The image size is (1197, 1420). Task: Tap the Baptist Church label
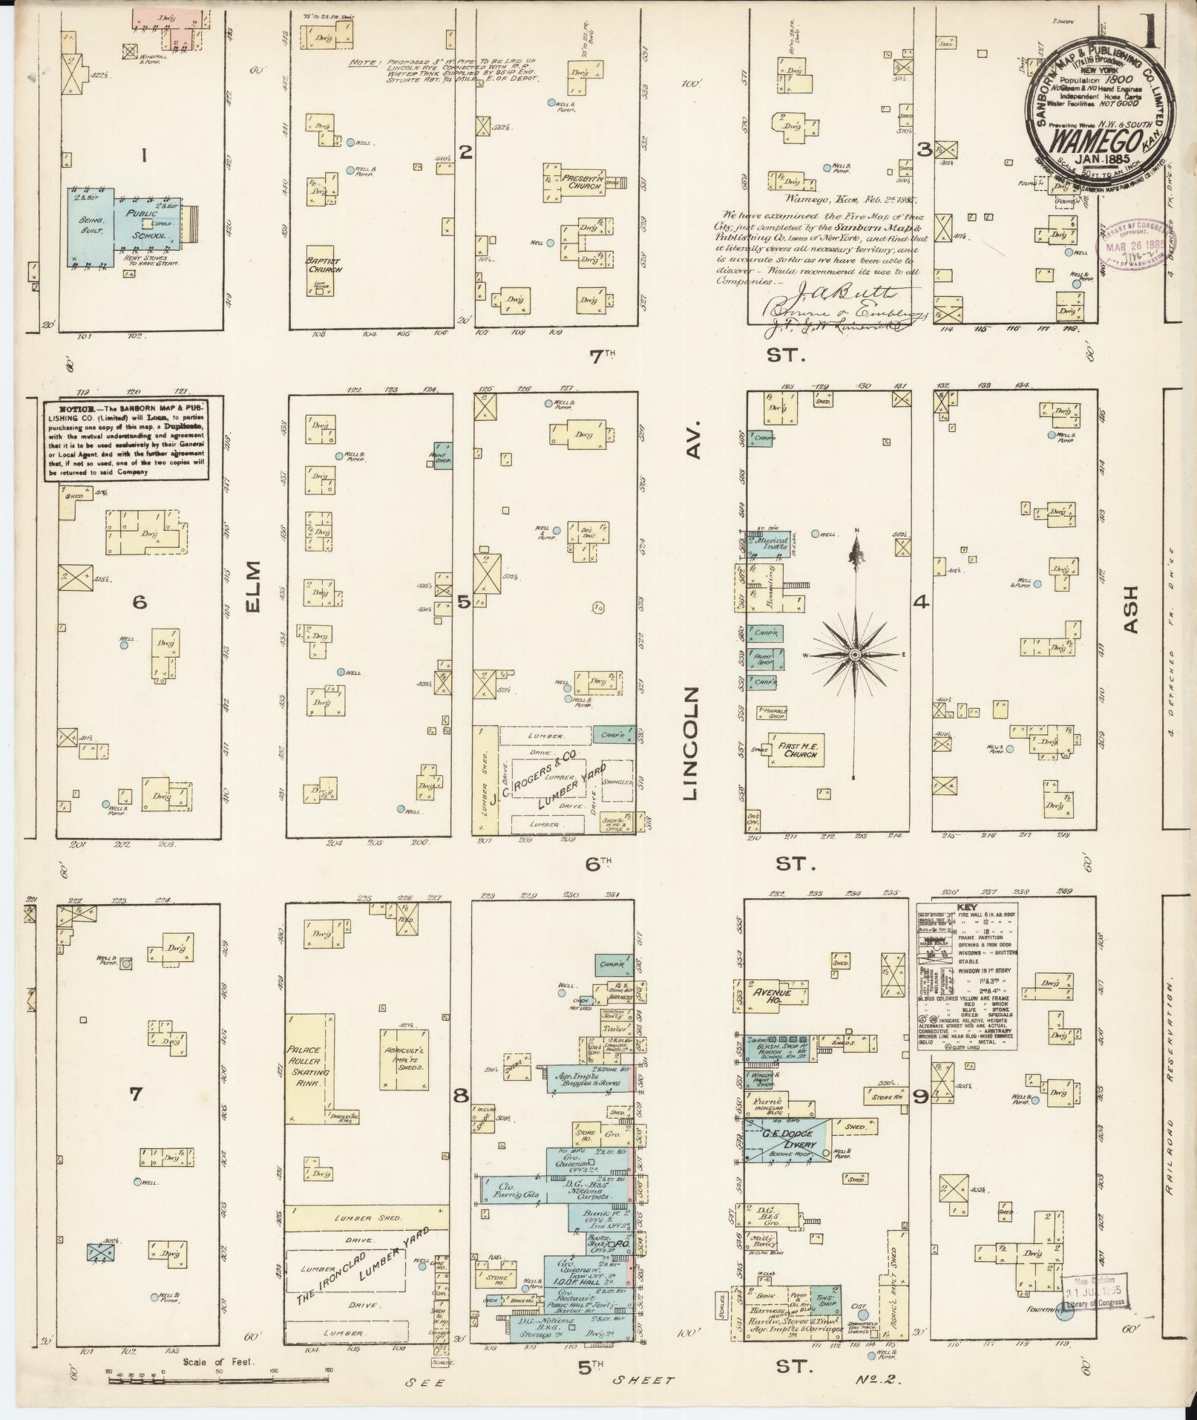pos(324,265)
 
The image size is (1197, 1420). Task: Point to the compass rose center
pos(855,654)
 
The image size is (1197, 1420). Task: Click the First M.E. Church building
pos(796,750)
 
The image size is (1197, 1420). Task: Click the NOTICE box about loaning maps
pos(124,440)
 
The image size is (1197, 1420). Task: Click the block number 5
pos(463,602)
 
